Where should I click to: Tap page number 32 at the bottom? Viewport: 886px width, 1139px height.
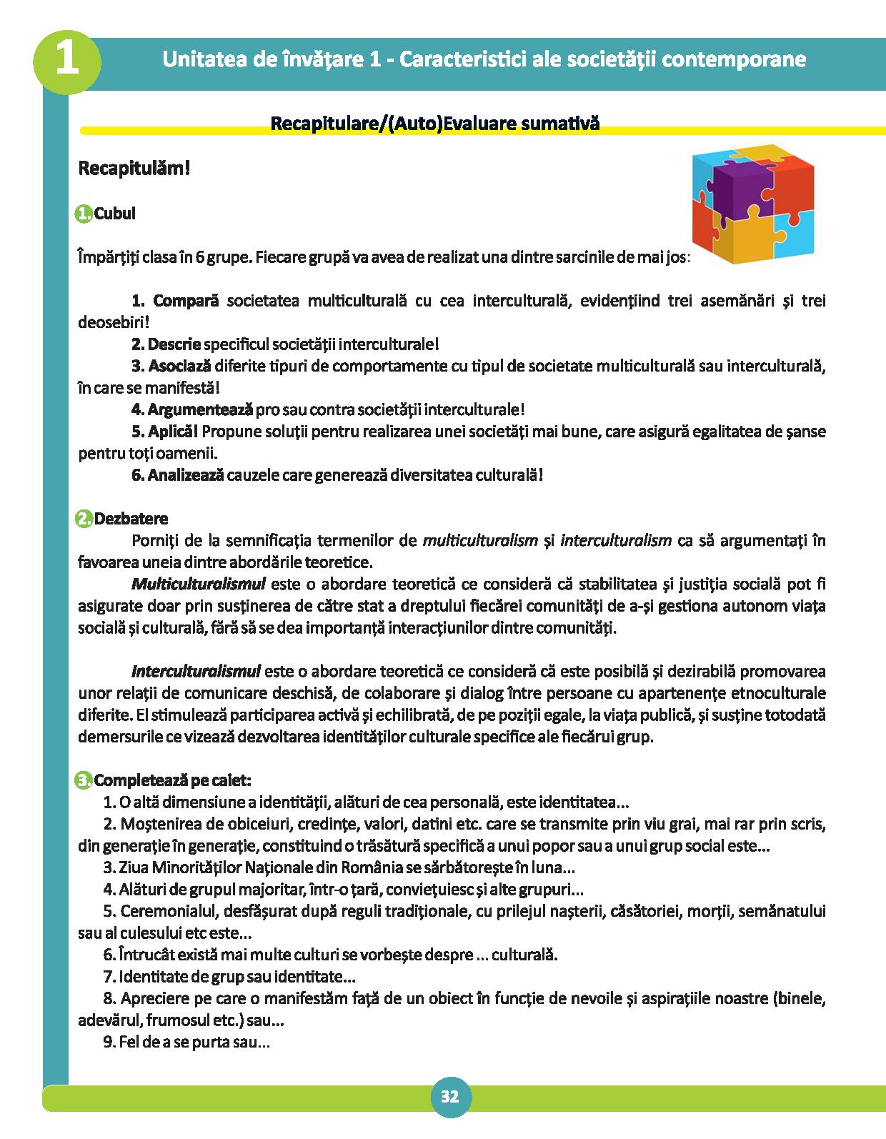click(x=450, y=1097)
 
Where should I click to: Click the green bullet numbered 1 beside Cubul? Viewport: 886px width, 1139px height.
click(x=84, y=214)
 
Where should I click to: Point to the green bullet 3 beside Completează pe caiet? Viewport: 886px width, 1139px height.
click(x=84, y=780)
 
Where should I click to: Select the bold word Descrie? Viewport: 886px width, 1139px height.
click(x=175, y=344)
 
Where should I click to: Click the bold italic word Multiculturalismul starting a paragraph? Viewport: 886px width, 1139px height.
click(x=199, y=584)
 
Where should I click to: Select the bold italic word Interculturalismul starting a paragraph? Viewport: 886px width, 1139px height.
click(x=196, y=672)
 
